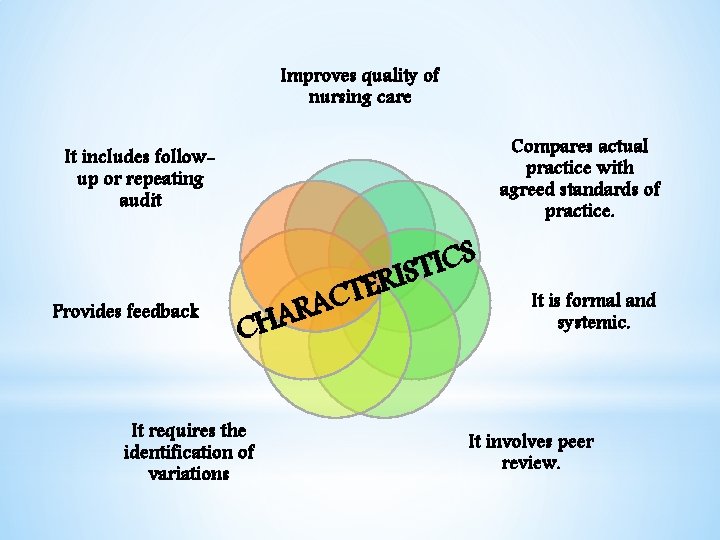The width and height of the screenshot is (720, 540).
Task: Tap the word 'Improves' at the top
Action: click(x=315, y=76)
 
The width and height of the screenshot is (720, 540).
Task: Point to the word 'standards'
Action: click(x=598, y=190)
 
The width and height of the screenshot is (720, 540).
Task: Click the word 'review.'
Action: click(x=531, y=463)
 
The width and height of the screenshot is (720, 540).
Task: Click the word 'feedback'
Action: click(x=162, y=311)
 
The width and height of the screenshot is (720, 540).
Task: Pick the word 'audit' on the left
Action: click(x=139, y=201)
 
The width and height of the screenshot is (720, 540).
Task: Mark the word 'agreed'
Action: click(x=531, y=190)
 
